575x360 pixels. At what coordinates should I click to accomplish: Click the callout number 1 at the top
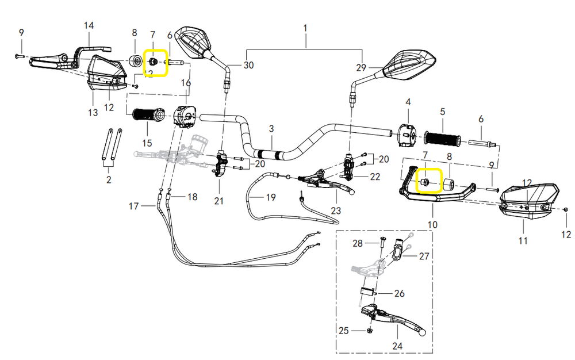pos(305,28)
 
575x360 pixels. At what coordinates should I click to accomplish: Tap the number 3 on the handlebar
pos(271,129)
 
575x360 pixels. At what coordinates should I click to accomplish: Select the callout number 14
pos(89,25)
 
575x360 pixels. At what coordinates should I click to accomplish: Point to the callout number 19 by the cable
pos(271,197)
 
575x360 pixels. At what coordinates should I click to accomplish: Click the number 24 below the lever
pos(397,346)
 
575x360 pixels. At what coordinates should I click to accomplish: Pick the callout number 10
pos(432,224)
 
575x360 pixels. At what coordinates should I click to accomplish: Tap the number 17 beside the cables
pos(133,205)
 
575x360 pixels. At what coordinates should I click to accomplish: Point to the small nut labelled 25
pos(368,331)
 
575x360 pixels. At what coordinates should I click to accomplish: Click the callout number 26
pos(399,293)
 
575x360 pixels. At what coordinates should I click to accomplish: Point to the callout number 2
pos(109,181)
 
